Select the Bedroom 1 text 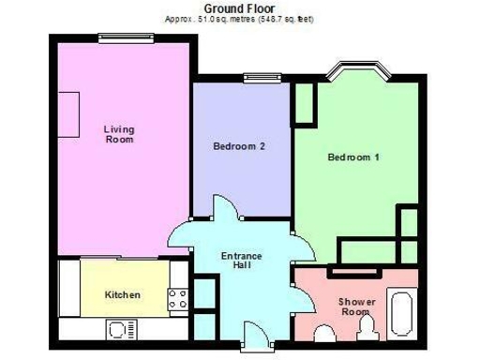click(x=352, y=157)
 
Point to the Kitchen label click(x=122, y=294)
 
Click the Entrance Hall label click(x=242, y=260)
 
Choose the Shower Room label click(x=356, y=307)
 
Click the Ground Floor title click(x=239, y=7)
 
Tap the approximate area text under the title click(x=239, y=19)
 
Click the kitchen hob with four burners click(x=177, y=299)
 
